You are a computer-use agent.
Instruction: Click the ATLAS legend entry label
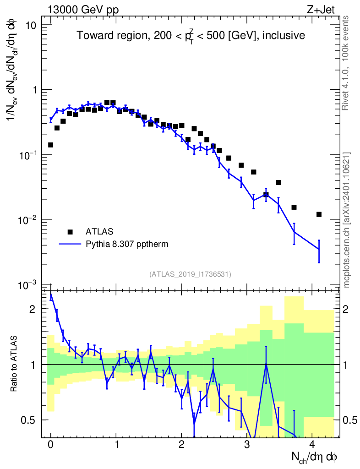[100, 231]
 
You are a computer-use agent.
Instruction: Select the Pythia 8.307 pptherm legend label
[127, 244]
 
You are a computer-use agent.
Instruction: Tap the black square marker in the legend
[70, 231]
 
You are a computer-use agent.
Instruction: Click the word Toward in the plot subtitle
[92, 36]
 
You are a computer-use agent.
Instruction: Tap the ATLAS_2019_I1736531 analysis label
[190, 274]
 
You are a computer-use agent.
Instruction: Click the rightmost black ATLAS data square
[319, 214]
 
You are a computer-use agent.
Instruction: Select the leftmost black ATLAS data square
[51, 145]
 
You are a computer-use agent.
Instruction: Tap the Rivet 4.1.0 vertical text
[346, 62]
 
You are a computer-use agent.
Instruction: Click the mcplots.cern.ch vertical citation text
[346, 220]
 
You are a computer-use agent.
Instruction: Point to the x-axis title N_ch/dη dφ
[315, 458]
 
